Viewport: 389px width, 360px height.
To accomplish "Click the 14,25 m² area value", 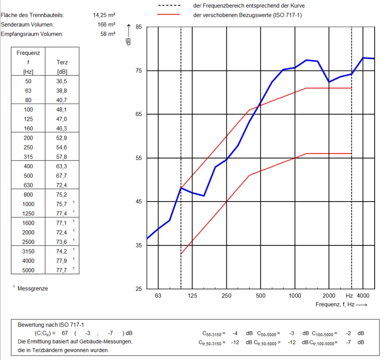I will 104,15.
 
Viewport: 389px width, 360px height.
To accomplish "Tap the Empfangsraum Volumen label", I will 32,34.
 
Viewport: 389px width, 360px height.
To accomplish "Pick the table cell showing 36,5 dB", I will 61,82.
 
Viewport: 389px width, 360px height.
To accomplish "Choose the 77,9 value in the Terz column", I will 61,261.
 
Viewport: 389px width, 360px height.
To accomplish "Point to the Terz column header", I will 62,62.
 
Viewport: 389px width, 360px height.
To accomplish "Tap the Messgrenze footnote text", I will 33,289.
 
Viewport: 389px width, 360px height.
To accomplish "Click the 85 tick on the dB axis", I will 139,27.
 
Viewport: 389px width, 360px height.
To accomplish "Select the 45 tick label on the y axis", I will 139,202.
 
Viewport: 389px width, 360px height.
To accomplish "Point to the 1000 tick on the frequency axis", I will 295,296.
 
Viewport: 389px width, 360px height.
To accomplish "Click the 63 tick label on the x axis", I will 158,296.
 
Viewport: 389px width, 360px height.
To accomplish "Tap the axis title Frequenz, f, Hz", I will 340,305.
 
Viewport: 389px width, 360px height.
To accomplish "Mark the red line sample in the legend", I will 169,15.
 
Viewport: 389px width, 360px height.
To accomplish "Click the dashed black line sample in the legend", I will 169,6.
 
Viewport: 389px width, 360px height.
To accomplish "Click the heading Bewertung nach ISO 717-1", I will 51,325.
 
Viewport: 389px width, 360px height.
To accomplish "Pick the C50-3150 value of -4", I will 235,333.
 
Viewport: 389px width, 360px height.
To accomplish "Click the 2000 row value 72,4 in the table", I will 61,233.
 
